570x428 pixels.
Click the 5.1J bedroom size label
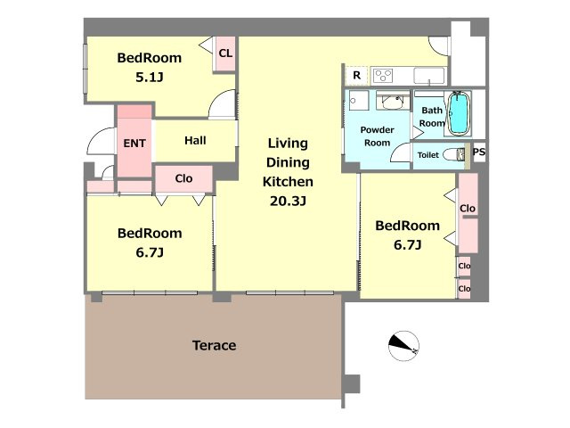(149, 78)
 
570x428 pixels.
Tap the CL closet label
(225, 53)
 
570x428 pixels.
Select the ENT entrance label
(134, 144)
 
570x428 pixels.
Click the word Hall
(195, 141)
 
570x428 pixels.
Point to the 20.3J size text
(288, 201)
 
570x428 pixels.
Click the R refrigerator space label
(356, 75)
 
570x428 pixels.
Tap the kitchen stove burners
(383, 76)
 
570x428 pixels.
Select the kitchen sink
(429, 76)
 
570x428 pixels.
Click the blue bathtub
(459, 113)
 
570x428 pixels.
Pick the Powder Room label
(377, 136)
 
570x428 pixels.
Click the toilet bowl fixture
(453, 154)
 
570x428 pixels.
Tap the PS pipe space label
(479, 152)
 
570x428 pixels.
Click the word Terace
(214, 345)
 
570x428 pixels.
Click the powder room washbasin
(393, 101)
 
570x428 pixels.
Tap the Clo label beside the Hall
(183, 178)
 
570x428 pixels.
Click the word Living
(288, 144)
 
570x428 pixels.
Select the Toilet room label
(428, 155)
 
